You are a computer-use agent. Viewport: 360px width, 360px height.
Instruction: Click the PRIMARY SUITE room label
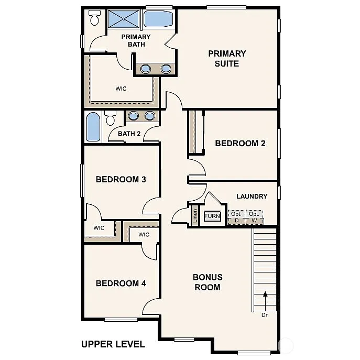[x=227, y=58]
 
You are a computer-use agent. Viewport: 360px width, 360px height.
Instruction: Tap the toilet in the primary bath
[x=94, y=19]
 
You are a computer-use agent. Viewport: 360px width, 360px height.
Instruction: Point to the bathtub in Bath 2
[x=93, y=127]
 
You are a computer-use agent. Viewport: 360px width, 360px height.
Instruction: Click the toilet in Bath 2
[x=110, y=118]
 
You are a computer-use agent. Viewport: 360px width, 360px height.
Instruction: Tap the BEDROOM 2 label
[x=236, y=143]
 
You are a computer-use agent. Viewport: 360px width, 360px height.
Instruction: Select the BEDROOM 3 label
[x=121, y=179]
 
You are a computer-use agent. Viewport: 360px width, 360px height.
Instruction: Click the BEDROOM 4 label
[x=121, y=283]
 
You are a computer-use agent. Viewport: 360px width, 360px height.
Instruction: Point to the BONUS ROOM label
[x=208, y=282]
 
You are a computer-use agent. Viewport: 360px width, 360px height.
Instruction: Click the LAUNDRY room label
[x=252, y=197]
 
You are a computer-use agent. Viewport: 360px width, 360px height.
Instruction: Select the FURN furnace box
[x=212, y=216]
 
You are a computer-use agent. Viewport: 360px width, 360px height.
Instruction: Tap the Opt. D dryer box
[x=236, y=217]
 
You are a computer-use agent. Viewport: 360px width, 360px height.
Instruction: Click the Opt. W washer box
[x=254, y=217]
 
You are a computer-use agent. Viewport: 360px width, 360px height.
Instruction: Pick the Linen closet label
[x=195, y=216]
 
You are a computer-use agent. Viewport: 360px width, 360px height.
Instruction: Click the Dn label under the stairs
[x=265, y=315]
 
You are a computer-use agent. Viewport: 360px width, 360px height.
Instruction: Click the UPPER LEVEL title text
[x=113, y=344]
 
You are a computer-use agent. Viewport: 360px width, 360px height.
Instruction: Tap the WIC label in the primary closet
[x=121, y=89]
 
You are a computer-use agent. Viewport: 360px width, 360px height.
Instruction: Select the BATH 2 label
[x=129, y=134]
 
